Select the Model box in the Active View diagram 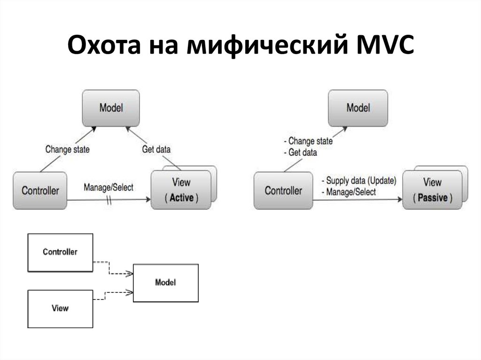point(111,107)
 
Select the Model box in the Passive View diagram point(358,107)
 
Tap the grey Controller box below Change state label point(40,191)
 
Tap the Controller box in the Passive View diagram point(283,191)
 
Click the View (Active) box point(181,190)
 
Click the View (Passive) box point(432,190)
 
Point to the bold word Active point(181,198)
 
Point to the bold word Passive point(433,198)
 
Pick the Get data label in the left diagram point(156,150)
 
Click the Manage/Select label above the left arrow point(109,187)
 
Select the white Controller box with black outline point(60,252)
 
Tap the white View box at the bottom point(60,308)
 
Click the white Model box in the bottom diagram point(165,283)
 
